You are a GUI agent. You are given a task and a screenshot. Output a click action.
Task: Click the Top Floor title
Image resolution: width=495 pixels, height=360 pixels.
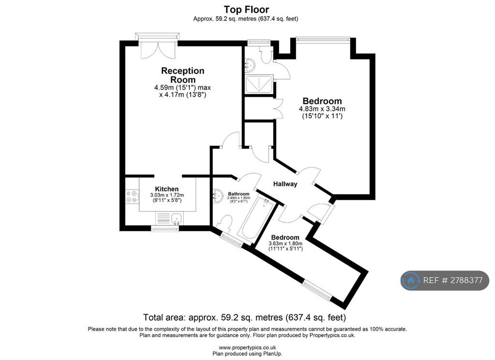(246, 9)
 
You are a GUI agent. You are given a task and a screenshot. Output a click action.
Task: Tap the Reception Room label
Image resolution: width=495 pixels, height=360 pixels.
(183, 75)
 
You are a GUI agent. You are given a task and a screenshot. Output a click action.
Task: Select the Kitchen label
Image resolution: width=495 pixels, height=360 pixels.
(167, 189)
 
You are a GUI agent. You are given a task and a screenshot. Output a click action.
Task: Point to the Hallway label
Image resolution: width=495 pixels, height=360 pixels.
(285, 184)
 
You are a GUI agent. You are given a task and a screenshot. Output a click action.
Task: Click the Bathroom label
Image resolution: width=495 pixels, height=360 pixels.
(239, 194)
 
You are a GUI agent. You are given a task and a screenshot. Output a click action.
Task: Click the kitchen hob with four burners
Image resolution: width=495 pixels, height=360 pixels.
(132, 196)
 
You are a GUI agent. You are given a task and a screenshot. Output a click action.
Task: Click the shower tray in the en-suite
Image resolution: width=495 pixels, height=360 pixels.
(259, 84)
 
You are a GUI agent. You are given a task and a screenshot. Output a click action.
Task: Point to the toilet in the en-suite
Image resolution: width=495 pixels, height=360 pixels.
(265, 54)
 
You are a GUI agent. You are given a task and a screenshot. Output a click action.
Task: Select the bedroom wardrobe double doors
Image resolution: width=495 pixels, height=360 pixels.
(278, 108)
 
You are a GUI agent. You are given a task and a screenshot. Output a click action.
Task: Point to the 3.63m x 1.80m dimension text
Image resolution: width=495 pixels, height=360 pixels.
(285, 246)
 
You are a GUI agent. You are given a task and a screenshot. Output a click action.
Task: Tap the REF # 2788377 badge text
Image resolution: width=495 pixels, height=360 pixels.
(452, 280)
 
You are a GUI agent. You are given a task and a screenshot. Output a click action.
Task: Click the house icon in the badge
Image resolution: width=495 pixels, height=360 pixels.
(411, 280)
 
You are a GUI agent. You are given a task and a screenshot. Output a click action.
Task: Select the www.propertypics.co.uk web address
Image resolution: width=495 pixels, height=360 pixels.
(247, 347)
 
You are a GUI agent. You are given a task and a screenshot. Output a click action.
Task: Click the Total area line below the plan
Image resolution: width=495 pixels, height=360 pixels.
(244, 317)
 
